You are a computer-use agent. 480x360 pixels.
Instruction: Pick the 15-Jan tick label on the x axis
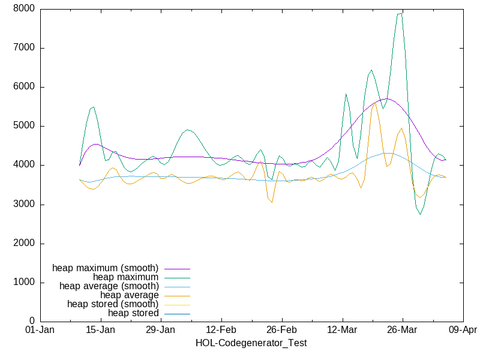[100, 330]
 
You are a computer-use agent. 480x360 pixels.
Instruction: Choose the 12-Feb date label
[221, 330]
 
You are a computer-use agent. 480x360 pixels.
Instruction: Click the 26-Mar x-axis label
[402, 330]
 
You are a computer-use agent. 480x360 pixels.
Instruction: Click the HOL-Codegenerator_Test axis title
[251, 343]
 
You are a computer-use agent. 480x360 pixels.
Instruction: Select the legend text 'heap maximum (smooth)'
[106, 268]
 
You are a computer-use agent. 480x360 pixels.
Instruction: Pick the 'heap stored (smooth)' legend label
[113, 304]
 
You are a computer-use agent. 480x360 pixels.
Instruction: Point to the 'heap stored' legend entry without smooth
[133, 313]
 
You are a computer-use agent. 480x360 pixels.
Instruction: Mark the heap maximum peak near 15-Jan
[93, 107]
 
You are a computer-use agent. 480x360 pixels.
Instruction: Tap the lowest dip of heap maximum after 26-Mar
[420, 214]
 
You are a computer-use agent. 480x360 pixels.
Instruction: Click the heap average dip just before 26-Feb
[272, 202]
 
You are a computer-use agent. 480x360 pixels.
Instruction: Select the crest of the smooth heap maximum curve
[388, 98]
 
